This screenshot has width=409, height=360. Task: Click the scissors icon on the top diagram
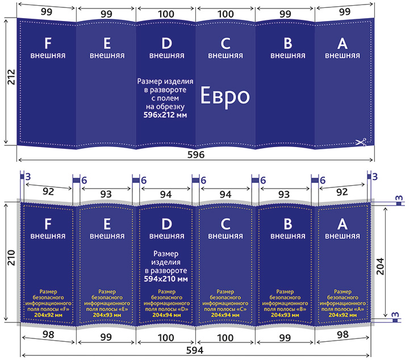point(361,143)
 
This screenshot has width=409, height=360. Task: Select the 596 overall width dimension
point(196,155)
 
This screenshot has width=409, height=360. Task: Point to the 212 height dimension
point(11,77)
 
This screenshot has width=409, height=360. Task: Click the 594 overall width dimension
point(195,350)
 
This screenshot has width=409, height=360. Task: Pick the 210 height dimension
point(11,258)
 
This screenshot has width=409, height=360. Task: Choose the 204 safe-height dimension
point(380,266)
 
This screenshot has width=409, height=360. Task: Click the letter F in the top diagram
point(48,43)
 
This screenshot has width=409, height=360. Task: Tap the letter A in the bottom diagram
point(342,224)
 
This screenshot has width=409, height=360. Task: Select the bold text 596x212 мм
point(165,115)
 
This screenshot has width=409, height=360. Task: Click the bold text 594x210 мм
point(166,279)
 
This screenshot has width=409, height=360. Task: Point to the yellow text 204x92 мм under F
point(48,315)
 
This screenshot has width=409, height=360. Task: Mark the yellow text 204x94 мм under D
point(166,315)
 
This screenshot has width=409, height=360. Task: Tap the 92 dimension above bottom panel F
point(48,191)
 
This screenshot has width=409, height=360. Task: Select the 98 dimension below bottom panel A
point(343,334)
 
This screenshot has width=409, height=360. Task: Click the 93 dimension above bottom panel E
point(106,194)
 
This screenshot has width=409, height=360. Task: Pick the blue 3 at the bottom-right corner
point(395,315)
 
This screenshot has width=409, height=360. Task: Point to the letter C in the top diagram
point(226,43)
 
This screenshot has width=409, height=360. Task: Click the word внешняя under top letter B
point(287,56)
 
